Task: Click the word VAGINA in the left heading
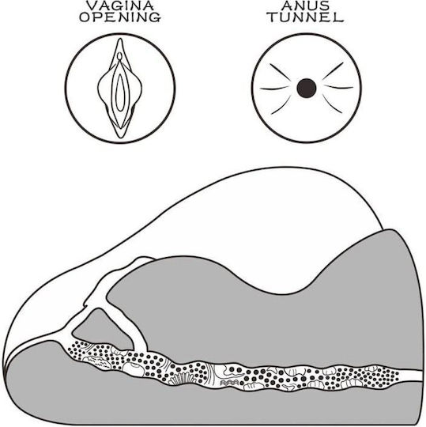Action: pos(120,6)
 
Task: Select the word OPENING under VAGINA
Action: pos(120,17)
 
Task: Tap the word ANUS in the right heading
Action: pos(306,6)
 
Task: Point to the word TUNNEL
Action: pos(306,17)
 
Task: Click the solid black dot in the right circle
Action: pos(307,88)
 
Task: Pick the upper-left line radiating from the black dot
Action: pos(280,72)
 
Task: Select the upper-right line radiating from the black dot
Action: pos(333,71)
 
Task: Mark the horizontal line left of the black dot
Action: pos(273,89)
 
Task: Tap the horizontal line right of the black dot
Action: pos(339,88)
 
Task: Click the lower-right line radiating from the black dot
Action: pos(332,104)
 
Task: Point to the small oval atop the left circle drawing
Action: pos(119,56)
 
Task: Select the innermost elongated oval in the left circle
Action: pos(119,93)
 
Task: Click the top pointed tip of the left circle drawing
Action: pos(120,39)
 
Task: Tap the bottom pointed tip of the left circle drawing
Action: pos(120,138)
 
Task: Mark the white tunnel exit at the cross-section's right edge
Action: pos(412,376)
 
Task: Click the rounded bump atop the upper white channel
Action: pos(145,260)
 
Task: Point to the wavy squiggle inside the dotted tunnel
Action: pos(229,383)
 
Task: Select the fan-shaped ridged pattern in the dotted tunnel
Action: pos(182,379)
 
